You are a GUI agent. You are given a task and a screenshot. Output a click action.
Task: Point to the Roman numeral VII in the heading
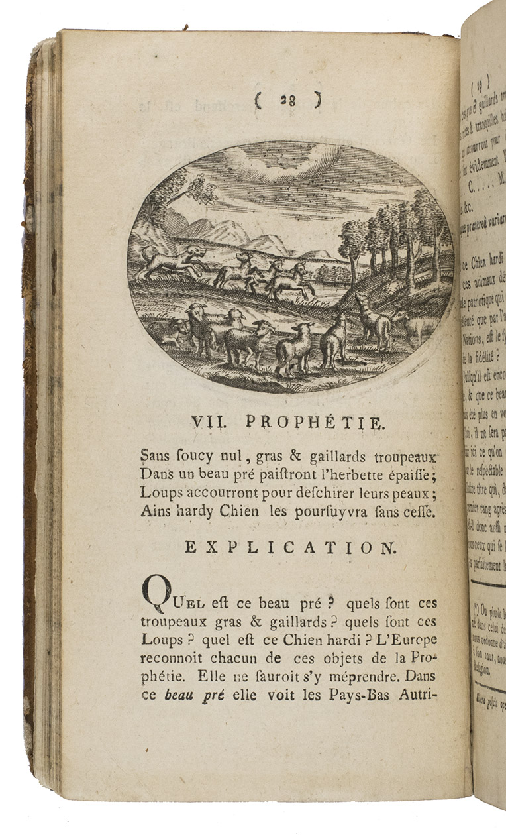209,423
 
